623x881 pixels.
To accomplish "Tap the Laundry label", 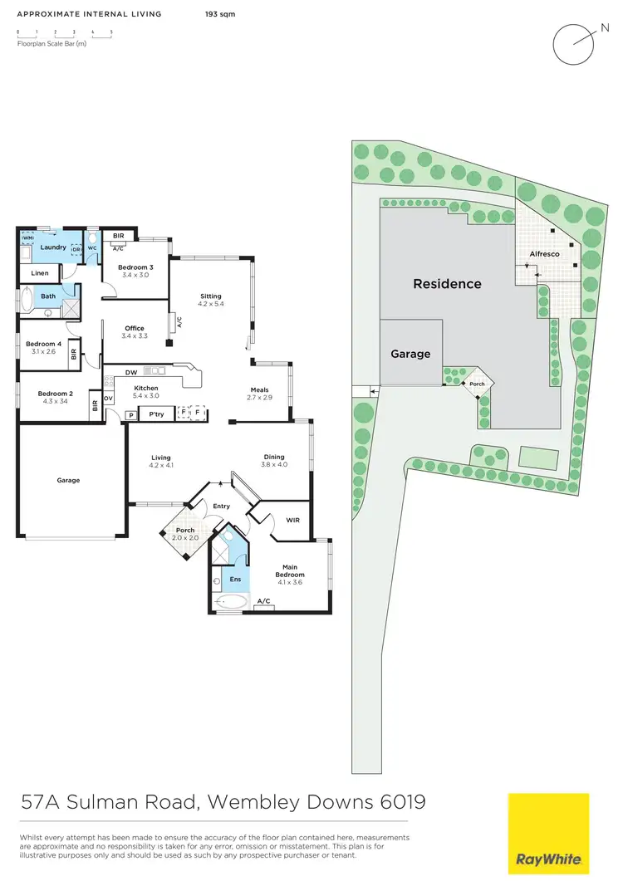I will click(52, 247).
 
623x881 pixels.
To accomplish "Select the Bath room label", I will click(48, 296).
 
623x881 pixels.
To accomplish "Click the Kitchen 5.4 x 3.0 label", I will click(146, 392).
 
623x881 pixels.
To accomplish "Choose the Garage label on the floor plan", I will click(68, 480).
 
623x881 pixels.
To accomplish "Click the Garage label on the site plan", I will click(410, 354).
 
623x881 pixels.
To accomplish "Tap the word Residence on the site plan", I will click(447, 284).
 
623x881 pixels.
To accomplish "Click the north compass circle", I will click(573, 43).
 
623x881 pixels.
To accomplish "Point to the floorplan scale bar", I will click(64, 33).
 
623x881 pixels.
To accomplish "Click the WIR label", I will click(292, 521).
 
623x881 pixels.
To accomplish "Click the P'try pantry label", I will click(155, 414).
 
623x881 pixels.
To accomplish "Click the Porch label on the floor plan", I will click(185, 534).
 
